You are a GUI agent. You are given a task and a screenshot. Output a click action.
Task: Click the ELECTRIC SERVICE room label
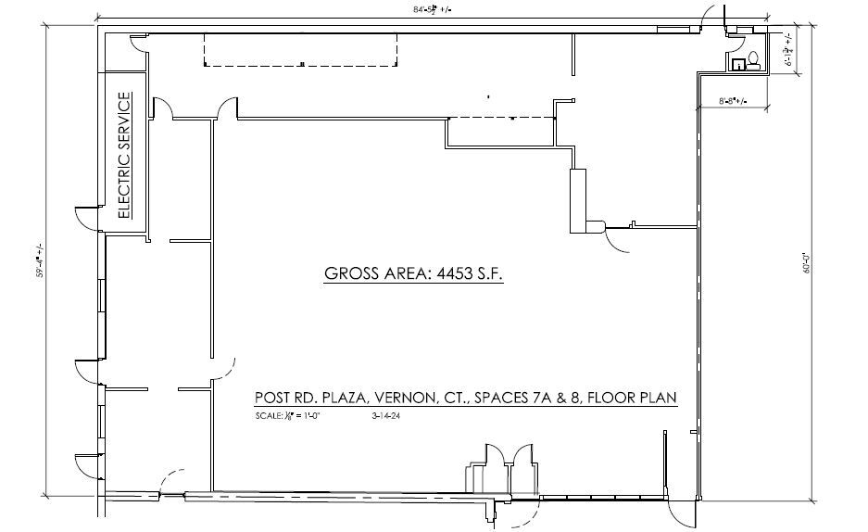pos(125,155)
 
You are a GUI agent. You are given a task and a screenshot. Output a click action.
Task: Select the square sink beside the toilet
pos(738,64)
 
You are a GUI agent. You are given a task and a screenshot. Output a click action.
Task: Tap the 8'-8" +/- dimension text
pos(732,100)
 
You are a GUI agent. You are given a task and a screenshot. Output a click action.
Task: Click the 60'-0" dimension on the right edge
pos(808,264)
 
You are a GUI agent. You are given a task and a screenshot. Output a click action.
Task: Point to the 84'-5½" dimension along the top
pos(439,9)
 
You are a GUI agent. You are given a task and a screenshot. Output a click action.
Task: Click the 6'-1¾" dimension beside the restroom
pos(787,51)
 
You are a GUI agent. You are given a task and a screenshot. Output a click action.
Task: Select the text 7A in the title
pos(534,398)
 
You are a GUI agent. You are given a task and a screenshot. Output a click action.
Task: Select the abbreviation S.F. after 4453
pos(488,274)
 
